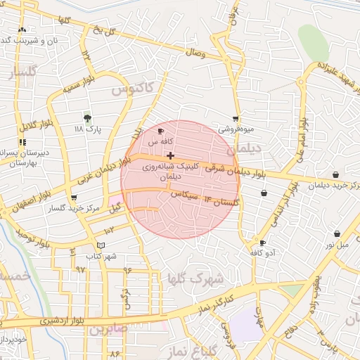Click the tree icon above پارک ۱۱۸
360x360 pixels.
coord(87,118)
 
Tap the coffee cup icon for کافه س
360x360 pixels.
coord(161,131)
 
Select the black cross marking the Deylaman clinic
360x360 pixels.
coord(171,155)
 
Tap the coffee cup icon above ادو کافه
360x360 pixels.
coord(262,242)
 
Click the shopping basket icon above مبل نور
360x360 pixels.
coord(337,233)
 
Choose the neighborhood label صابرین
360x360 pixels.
coord(109,329)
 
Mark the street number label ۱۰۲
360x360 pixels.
coord(109,231)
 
